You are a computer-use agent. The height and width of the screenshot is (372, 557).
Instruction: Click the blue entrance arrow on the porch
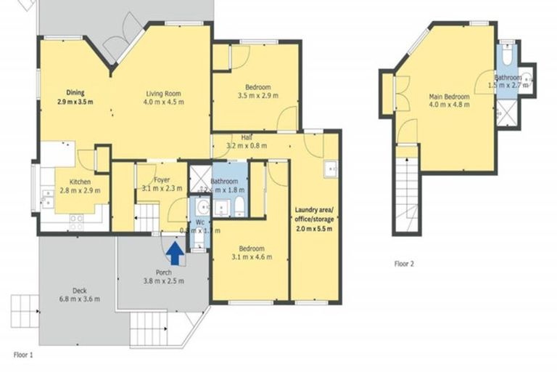pyautogui.click(x=175, y=253)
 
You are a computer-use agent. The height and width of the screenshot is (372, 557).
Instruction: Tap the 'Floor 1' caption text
pyautogui.click(x=24, y=355)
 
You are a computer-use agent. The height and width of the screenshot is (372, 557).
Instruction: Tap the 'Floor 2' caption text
pyautogui.click(x=404, y=264)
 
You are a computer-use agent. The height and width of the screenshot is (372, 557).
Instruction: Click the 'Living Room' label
pyautogui.click(x=162, y=94)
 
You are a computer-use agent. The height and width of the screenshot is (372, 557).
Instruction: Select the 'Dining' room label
pyautogui.click(x=75, y=92)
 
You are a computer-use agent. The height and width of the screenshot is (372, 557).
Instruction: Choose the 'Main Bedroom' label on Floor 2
pyautogui.click(x=449, y=96)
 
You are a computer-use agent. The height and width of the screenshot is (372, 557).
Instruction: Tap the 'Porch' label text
pyautogui.click(x=164, y=272)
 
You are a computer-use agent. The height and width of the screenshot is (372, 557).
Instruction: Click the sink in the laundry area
pyautogui.click(x=331, y=169)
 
